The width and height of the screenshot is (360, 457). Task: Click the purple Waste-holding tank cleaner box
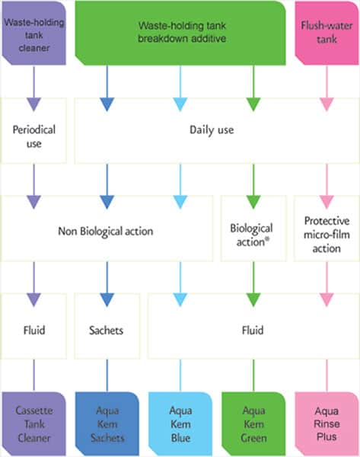coord(34,33)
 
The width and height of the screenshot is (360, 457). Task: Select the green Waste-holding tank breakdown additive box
coord(180,33)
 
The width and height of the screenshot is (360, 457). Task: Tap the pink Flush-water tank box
coord(327,33)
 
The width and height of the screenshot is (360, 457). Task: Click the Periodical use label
coord(34,136)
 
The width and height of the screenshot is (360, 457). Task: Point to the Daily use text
coord(212,130)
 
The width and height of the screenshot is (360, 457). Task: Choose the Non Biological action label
coord(106,231)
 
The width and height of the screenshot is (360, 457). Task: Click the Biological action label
coord(251,235)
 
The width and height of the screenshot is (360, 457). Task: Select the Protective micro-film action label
coord(327,235)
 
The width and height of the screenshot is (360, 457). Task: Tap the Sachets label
coord(107,331)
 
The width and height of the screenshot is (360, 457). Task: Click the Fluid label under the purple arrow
coord(34,331)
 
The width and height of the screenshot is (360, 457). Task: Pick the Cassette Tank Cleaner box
coord(34,424)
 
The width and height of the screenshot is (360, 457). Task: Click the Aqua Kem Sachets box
coord(107,424)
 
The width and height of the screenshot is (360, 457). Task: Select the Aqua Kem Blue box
coord(180,424)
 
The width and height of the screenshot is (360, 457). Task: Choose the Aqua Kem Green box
coord(253,424)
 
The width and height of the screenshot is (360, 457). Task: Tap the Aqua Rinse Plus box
coord(327,424)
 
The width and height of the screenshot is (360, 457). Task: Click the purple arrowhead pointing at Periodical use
coord(34,104)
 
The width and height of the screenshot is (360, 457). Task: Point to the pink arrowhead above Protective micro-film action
coord(327,202)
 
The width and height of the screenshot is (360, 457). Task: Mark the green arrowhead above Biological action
coord(253,202)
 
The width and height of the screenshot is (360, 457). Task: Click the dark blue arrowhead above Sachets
coord(107,300)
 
